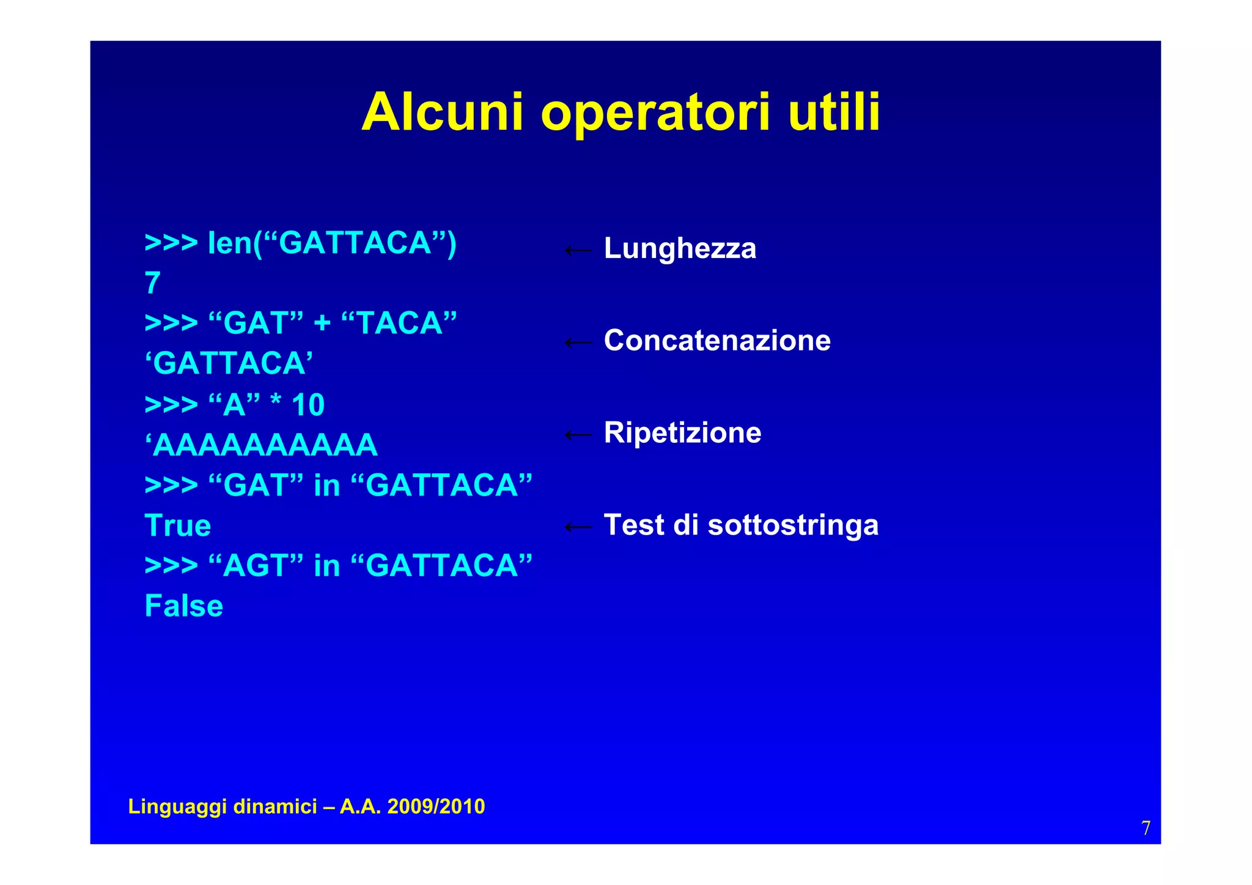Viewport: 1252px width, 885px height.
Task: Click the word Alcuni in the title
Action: coord(442,113)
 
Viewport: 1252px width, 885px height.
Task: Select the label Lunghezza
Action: coord(680,249)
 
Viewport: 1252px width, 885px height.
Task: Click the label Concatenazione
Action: coord(717,341)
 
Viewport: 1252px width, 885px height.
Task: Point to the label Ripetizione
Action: coord(682,433)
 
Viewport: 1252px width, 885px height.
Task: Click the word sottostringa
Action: coord(793,525)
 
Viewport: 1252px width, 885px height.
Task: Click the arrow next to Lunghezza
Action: coord(578,250)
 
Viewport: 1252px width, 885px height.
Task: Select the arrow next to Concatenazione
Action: coord(578,343)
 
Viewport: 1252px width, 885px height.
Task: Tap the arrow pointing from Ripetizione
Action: coord(578,435)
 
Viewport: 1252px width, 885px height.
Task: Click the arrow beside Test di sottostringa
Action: coord(578,527)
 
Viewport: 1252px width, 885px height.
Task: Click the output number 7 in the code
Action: coord(152,284)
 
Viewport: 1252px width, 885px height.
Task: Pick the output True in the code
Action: coord(177,526)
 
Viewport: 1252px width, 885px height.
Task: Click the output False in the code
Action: coord(183,606)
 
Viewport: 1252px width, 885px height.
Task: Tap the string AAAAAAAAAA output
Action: coord(262,445)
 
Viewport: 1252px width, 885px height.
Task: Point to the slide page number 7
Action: coord(1146,828)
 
